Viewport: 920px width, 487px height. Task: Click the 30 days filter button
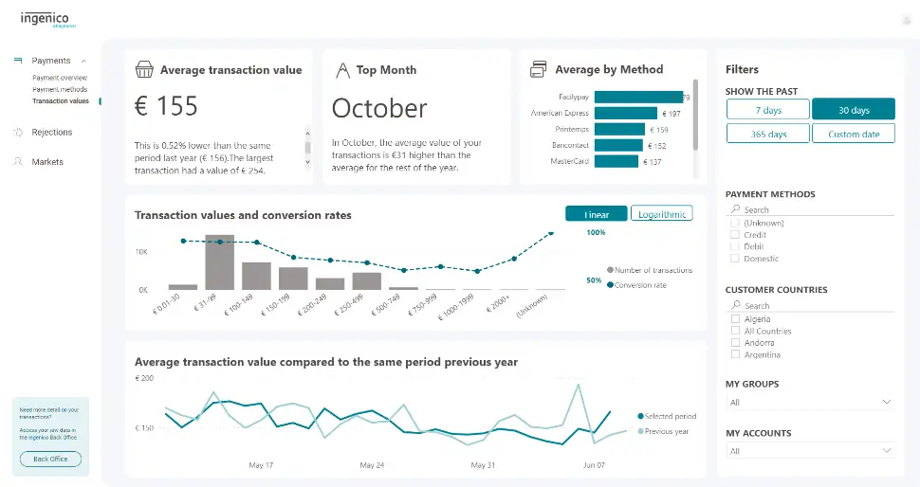854,110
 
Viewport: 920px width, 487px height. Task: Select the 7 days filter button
768,110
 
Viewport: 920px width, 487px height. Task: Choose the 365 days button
768,134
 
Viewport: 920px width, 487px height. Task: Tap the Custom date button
854,134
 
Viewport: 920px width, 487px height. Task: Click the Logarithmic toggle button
661,214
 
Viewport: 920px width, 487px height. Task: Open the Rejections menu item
51,133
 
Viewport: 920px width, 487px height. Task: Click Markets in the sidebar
47,162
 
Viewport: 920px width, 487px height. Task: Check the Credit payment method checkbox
735,235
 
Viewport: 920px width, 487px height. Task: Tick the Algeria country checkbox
735,319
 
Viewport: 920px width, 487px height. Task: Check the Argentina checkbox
735,354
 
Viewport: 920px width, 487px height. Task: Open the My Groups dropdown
810,402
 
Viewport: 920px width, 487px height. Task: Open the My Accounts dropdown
810,451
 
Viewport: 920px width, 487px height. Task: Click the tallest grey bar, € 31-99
219,262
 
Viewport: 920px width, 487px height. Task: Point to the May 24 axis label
373,465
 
